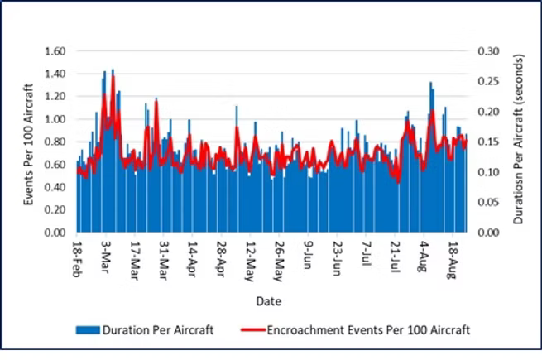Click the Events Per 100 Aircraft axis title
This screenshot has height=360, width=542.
(29, 143)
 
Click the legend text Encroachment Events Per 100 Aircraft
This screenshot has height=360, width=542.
(369, 330)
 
